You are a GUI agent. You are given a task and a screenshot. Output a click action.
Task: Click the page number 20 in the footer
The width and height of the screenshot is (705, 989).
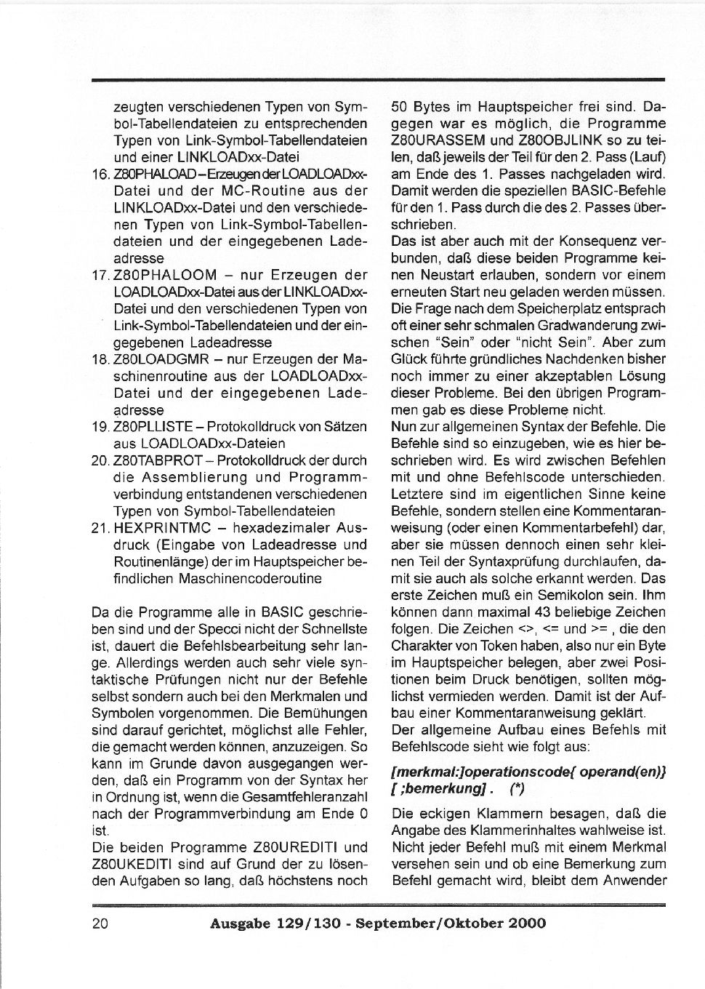tap(100, 924)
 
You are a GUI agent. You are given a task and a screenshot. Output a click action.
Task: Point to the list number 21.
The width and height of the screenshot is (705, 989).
tap(101, 528)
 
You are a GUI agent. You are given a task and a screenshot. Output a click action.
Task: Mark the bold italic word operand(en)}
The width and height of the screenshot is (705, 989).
tap(623, 771)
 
